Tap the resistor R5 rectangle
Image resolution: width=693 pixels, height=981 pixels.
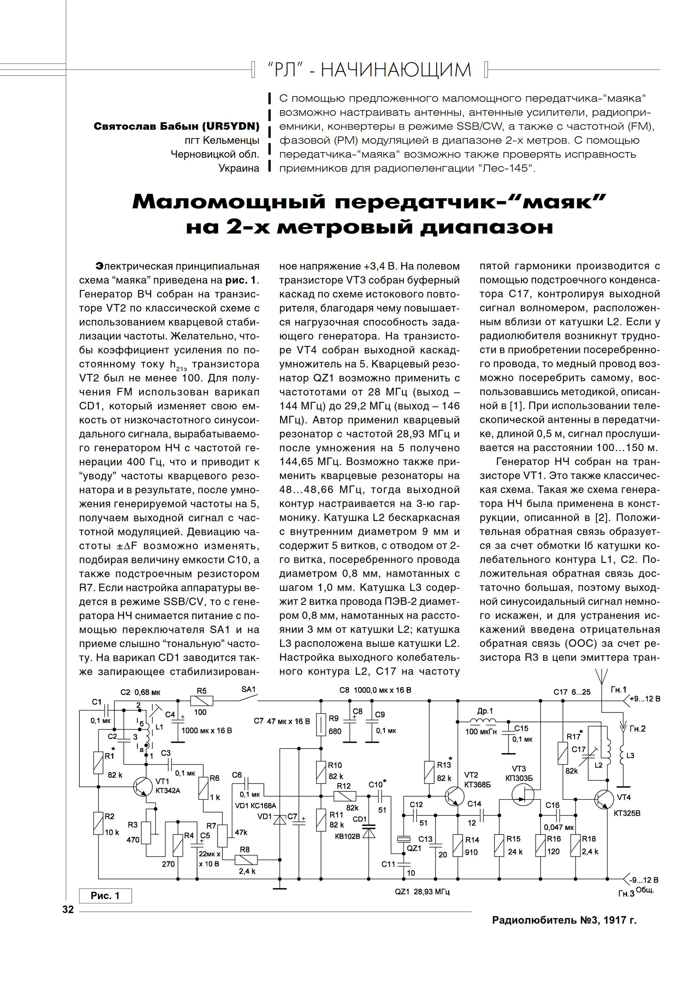coord(201,701)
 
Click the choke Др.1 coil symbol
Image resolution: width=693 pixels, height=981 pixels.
coord(483,722)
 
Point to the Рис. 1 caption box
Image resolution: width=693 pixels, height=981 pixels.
coord(105,895)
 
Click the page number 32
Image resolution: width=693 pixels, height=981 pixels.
coord(68,910)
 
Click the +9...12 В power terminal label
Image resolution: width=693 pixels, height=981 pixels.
coord(645,699)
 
